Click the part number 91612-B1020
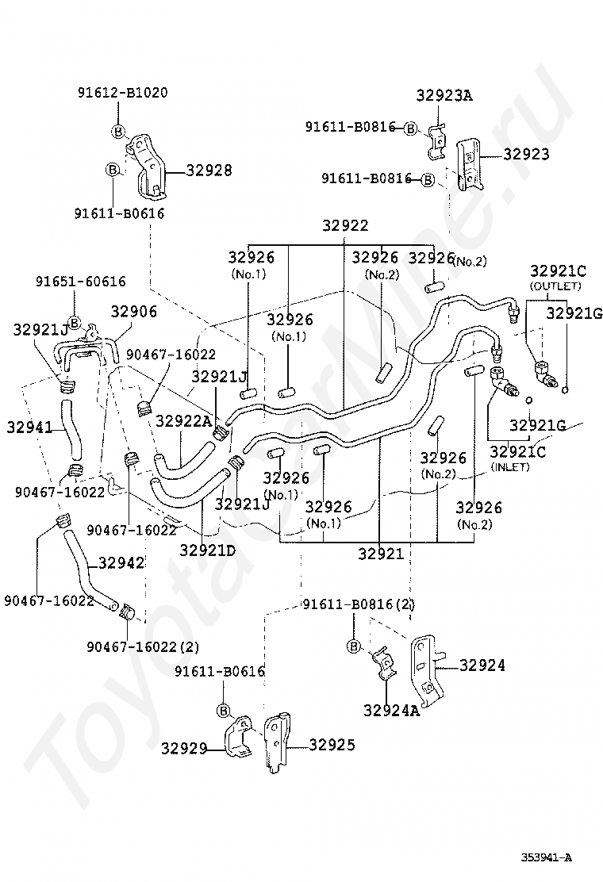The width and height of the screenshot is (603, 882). point(123,92)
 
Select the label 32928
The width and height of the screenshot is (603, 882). point(209,170)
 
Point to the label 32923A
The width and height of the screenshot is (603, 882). point(444,95)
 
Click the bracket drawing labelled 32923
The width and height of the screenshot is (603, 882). point(468,164)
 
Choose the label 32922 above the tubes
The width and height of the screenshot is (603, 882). point(345,225)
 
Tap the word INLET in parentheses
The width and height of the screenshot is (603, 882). point(511,467)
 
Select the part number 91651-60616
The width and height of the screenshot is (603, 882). point(80,282)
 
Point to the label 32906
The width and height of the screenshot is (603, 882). point(134,312)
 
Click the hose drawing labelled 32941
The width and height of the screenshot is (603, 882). point(71,428)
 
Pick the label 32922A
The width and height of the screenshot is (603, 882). point(184,420)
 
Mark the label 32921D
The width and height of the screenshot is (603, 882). point(208,550)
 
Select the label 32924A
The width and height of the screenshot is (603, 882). point(391,711)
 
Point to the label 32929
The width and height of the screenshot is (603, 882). point(184,749)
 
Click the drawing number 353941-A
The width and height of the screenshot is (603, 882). point(546,857)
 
